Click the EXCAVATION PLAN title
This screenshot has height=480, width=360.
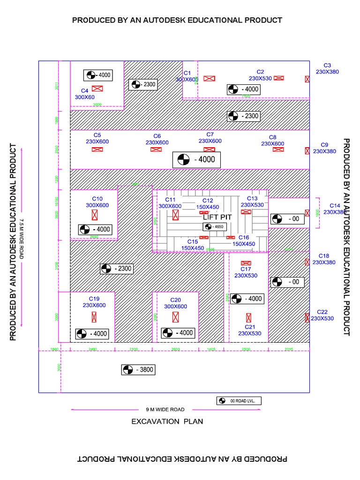click(167, 421)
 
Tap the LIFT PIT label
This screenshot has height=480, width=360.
click(218, 217)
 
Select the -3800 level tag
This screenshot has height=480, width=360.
click(138, 370)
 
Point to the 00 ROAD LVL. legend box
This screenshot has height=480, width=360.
click(239, 401)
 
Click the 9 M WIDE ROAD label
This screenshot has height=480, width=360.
click(165, 409)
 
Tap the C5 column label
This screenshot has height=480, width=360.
click(97, 135)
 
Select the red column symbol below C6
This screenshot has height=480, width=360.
click(156, 150)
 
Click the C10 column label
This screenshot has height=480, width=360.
click(97, 198)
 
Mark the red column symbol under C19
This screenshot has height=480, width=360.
click(94, 317)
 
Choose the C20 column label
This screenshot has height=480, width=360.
click(175, 300)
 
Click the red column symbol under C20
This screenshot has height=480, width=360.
click(176, 317)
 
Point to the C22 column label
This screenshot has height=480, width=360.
click(322, 312)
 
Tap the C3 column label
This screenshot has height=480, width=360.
click(327, 66)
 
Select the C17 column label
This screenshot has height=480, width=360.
click(246, 269)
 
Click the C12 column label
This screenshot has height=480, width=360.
click(207, 200)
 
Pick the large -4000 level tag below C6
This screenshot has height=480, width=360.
click(196, 159)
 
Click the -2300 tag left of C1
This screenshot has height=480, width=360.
click(142, 84)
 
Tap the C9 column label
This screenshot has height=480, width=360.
click(324, 145)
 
